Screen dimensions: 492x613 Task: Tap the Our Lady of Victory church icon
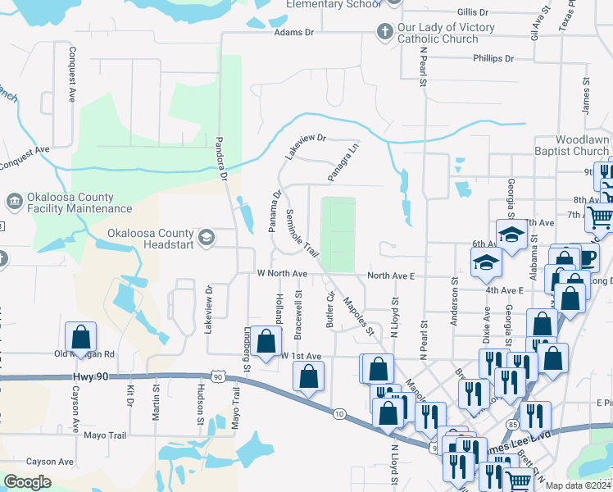click(384, 33)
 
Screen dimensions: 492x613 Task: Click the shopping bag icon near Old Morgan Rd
click(81, 336)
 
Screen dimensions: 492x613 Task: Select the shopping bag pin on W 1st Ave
click(266, 341)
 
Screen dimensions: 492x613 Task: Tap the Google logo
click(27, 482)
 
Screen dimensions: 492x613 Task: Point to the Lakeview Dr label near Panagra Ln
click(305, 147)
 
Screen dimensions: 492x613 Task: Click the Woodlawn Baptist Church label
click(582, 145)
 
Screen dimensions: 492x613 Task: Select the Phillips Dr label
click(493, 59)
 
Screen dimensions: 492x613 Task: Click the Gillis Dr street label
click(473, 12)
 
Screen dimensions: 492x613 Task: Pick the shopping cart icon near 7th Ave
click(599, 216)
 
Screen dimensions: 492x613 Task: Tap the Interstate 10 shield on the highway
click(338, 413)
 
